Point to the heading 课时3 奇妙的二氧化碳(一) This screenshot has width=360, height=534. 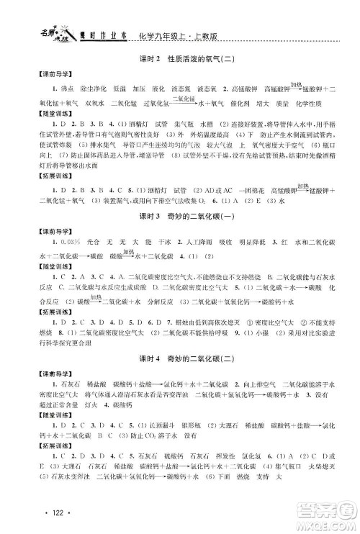point(180,218)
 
